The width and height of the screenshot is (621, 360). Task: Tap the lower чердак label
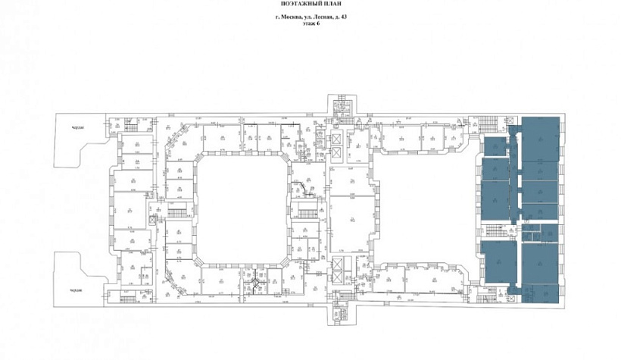click(x=73, y=290)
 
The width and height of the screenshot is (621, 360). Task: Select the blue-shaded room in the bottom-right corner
click(x=540, y=293)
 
